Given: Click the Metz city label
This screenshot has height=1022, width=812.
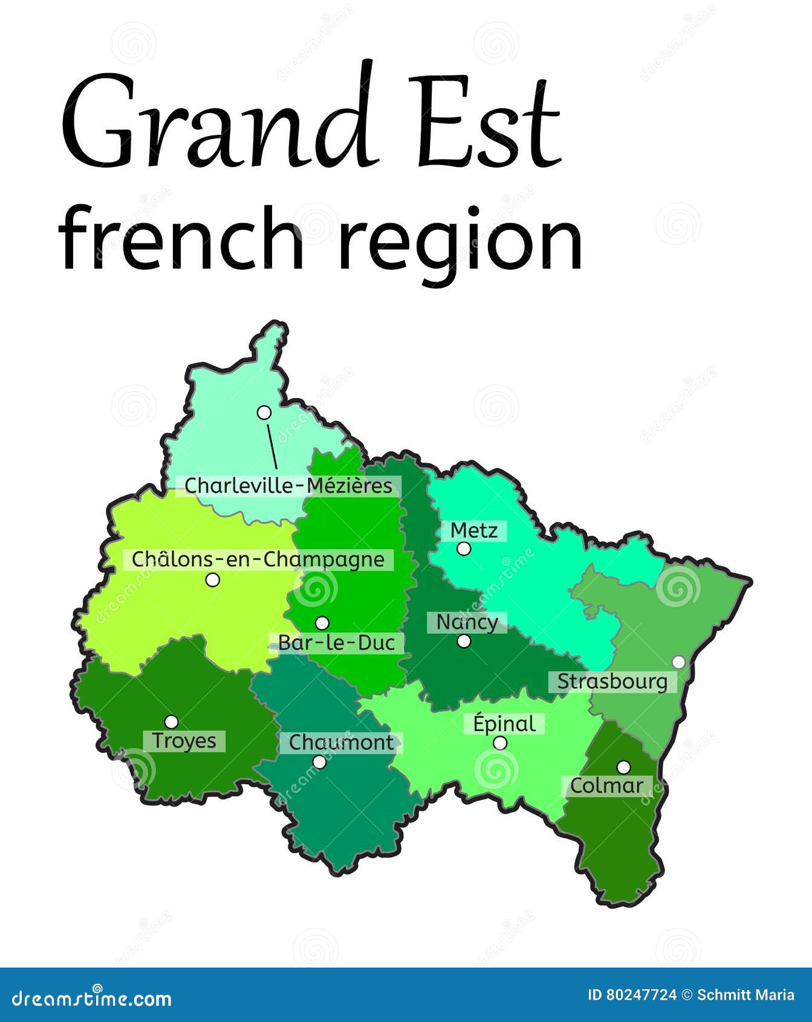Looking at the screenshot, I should [475, 531].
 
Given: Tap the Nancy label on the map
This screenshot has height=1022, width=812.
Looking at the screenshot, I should [467, 622].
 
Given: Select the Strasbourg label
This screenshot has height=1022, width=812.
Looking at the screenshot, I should [612, 682].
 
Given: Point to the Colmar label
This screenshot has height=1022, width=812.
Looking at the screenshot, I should [606, 786].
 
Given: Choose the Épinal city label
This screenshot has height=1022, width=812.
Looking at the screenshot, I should [504, 724].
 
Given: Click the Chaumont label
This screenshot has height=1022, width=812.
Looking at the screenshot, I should [341, 743].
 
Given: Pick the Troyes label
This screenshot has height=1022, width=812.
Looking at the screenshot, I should [184, 741].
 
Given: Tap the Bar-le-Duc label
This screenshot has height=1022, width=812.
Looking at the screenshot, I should [337, 643].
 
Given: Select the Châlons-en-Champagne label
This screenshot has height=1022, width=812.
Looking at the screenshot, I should [258, 559].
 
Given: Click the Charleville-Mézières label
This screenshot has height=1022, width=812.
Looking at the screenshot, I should [288, 486].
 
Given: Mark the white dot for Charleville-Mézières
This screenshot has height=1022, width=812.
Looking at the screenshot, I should [264, 412].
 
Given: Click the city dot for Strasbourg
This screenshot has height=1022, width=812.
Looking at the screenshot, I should [679, 662].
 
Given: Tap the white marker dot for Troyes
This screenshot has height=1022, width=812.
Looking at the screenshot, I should [172, 721].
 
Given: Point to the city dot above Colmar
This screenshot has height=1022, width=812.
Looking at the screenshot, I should [623, 767].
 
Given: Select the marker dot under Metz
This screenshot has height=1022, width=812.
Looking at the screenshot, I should [464, 548].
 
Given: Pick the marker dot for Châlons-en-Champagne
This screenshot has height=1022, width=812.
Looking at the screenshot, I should [212, 579].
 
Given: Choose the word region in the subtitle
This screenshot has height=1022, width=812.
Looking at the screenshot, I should [460, 239].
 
